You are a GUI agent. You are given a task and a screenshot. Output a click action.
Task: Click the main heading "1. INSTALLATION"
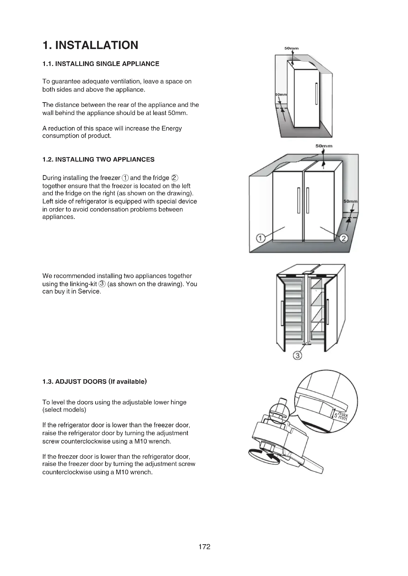coord(91,45)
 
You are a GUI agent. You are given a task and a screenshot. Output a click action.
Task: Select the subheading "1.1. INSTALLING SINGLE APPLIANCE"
coord(101,64)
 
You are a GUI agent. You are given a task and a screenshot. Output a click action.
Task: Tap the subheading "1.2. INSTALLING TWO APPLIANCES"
coord(98,159)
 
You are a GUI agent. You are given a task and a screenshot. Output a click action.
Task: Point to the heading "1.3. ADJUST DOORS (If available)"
coord(94,381)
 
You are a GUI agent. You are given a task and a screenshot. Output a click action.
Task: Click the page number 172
coord(204,547)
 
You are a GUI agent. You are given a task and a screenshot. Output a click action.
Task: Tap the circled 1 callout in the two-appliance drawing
coord(260,238)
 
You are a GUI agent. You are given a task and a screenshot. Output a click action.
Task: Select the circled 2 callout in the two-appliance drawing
coord(344,238)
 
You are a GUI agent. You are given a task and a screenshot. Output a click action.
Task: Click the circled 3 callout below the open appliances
coord(297,356)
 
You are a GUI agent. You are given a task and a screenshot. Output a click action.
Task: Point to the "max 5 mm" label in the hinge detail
coord(341,416)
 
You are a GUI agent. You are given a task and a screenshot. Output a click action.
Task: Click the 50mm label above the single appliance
coord(291,48)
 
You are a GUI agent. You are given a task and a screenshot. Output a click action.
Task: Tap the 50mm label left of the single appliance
coord(281,95)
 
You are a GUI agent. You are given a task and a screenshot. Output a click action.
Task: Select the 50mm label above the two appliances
coord(324,146)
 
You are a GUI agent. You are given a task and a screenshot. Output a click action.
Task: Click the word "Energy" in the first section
coord(172,128)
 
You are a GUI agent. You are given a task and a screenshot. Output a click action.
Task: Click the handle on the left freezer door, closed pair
coord(299,200)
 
